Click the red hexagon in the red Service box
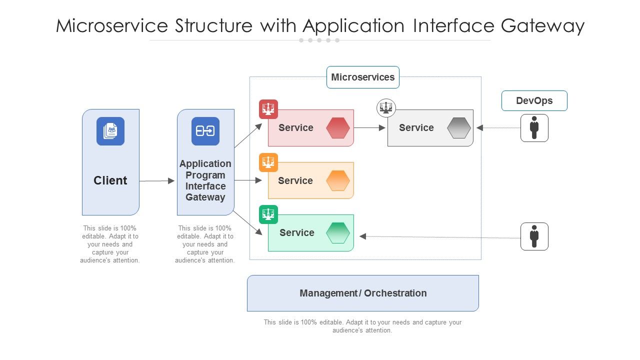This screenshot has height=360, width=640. pos(338,128)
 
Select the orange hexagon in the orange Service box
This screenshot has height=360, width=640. pos(338,180)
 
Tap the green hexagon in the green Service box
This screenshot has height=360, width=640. pos(338,232)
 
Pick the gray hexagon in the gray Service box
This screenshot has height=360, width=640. pos(459,128)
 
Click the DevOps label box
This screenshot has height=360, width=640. pos(534,100)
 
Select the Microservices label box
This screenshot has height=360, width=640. pos(362,77)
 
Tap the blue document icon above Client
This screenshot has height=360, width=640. pos(110,131)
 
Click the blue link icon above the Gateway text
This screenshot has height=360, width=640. pos(205,131)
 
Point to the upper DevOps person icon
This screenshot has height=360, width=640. pos(534,128)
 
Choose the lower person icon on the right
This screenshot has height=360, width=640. pos(534,236)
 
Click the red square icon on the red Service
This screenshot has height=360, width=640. pos(268,109)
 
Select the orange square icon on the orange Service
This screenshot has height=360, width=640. pos(268,162)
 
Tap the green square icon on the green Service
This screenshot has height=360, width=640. pos(268,214)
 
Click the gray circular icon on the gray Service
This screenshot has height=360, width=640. pos(386,107)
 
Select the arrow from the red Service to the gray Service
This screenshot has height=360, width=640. pos(370,128)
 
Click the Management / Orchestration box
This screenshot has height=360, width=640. pos(363,293)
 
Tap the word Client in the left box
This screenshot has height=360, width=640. pos(110,180)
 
